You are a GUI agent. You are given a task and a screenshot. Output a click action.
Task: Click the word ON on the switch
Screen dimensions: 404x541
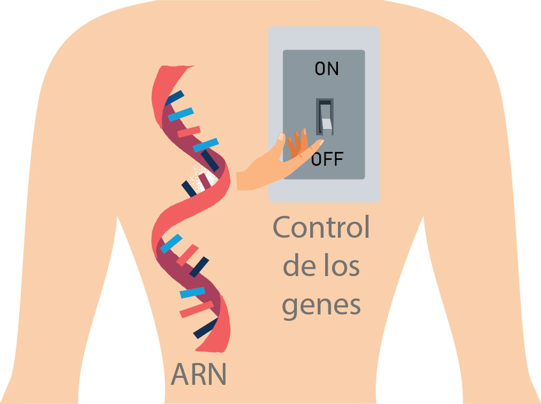pyautogui.click(x=326, y=69)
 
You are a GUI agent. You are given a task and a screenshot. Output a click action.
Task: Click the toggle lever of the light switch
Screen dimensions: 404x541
pyautogui.click(x=325, y=117)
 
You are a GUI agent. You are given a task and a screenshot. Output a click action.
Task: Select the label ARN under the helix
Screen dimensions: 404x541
pyautogui.click(x=199, y=374)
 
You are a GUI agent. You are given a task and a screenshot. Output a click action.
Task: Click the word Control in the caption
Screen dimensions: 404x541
pyautogui.click(x=321, y=228)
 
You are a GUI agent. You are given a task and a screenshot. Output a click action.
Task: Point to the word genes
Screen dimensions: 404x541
pyautogui.click(x=321, y=306)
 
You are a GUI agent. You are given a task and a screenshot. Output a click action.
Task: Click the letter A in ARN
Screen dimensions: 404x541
pyautogui.click(x=181, y=374)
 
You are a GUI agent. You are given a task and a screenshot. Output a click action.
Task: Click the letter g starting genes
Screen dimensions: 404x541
pyautogui.click(x=291, y=308)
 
